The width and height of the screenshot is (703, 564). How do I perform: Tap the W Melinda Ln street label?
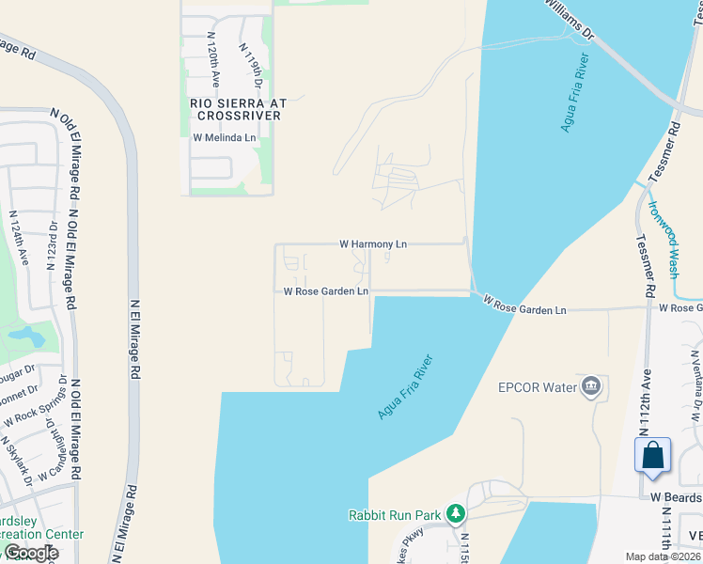(225, 137)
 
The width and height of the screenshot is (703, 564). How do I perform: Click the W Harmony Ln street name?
(373, 244)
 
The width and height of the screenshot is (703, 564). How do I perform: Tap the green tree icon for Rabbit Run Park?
(456, 513)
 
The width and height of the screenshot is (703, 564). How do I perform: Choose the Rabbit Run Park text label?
(394, 514)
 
